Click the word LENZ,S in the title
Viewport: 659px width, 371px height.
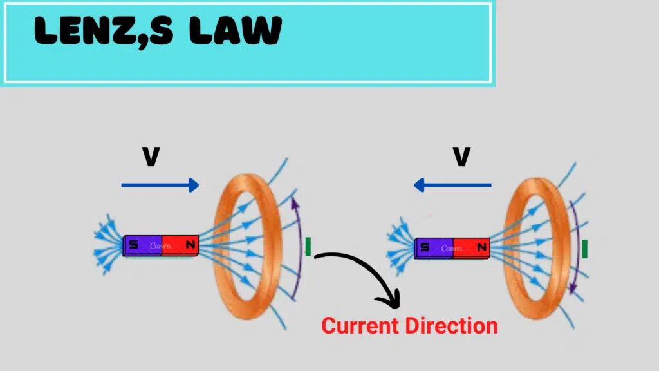103,30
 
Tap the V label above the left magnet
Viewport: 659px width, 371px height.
151,157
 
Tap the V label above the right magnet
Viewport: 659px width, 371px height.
461,157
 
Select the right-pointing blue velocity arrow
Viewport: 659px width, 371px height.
160,185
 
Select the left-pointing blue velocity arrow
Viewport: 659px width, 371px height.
452,185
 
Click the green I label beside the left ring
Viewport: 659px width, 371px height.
308,246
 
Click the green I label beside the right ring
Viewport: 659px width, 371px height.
584,249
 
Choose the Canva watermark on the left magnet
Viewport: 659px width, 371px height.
161,245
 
